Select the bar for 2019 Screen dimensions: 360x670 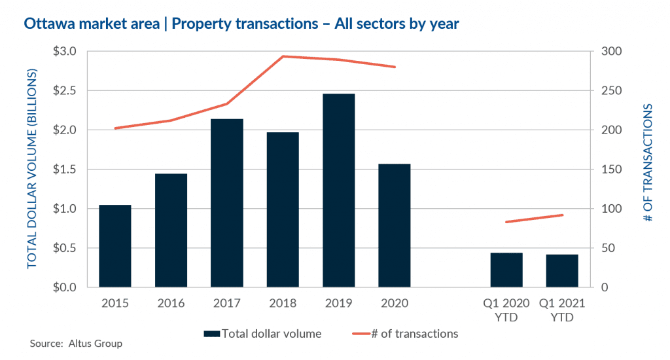click(339, 190)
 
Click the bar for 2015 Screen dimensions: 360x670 click(115, 246)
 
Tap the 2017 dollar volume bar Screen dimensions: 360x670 click(227, 203)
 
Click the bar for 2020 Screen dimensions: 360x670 click(395, 226)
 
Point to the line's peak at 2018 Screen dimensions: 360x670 click(283, 56)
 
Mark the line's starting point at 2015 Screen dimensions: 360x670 click(115, 128)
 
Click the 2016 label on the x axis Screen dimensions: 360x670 click(171, 304)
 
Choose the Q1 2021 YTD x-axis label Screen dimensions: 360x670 click(562, 310)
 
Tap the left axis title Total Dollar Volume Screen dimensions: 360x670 click(32, 169)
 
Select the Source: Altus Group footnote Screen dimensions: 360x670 click(76, 344)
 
